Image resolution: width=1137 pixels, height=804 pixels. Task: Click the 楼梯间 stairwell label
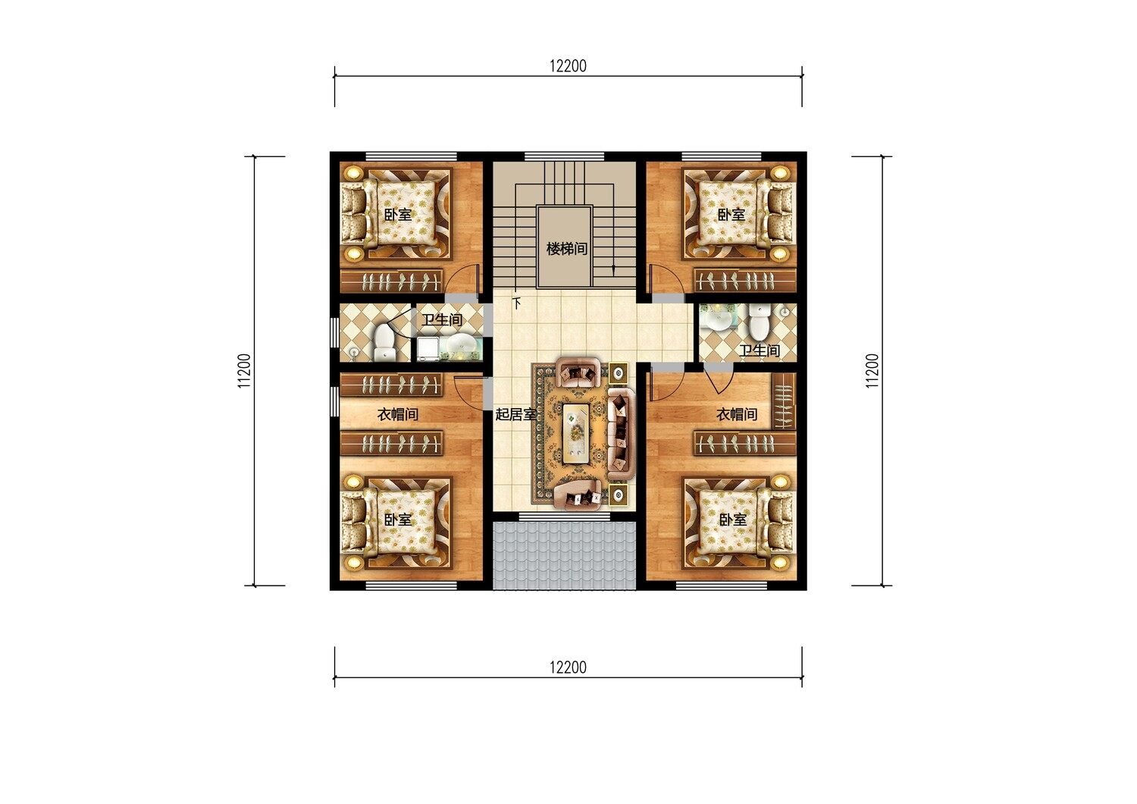point(566,249)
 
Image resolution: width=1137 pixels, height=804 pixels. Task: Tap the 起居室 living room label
point(515,414)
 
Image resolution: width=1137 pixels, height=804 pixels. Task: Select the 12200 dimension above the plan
point(568,66)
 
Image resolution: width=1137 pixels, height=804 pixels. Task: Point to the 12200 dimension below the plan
point(568,667)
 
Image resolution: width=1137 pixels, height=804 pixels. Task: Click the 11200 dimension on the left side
point(244,371)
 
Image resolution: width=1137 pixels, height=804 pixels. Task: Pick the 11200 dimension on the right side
point(872,371)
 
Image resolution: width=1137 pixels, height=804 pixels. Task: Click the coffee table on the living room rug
point(575,432)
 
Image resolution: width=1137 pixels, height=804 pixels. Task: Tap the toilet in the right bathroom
point(760,322)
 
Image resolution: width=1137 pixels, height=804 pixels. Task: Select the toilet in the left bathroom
point(384,343)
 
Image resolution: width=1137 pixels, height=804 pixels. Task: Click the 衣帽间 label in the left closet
point(397,414)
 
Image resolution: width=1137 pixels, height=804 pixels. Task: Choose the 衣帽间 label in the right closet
point(737,414)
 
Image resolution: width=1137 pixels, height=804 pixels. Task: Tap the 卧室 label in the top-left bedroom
point(397,215)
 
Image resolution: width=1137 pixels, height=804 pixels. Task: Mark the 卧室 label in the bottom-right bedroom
point(733,520)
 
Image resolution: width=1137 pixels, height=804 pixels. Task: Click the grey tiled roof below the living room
point(565,556)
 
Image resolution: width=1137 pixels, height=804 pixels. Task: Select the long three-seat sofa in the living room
point(621,435)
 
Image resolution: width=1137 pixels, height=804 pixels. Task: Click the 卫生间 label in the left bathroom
point(442,320)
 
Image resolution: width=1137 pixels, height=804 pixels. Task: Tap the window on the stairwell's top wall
point(564,156)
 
